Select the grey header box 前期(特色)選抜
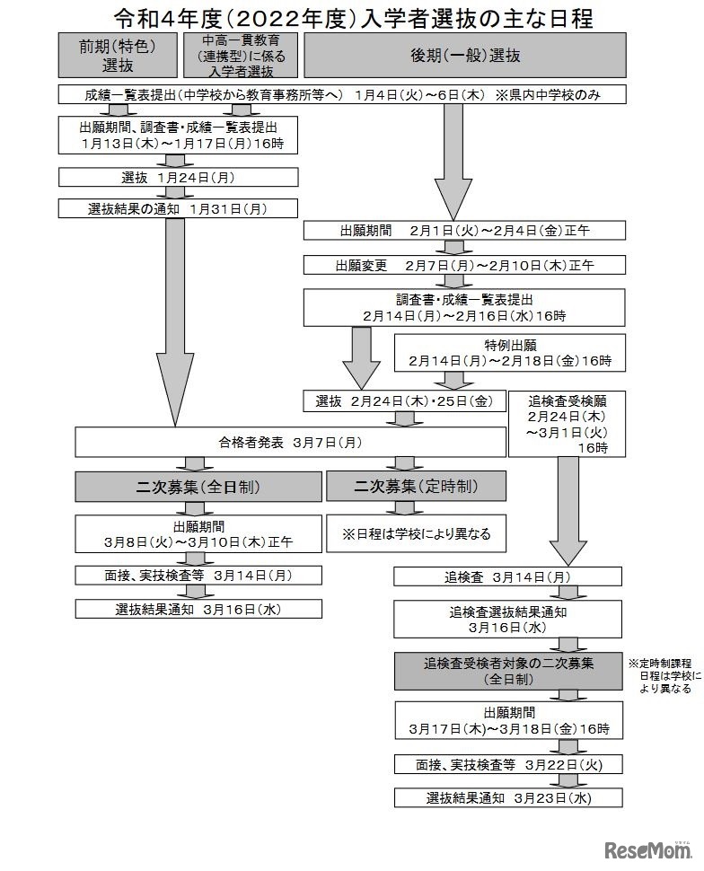point(117,55)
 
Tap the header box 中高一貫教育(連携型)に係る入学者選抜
point(240,55)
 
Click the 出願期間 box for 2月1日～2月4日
point(464,232)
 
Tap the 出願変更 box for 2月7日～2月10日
point(464,266)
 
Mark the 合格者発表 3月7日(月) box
point(290,442)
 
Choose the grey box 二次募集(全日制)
point(198,487)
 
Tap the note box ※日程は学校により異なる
point(416,533)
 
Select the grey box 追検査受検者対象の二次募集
point(509,671)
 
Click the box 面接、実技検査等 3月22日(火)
point(509,764)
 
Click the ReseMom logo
point(649,849)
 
